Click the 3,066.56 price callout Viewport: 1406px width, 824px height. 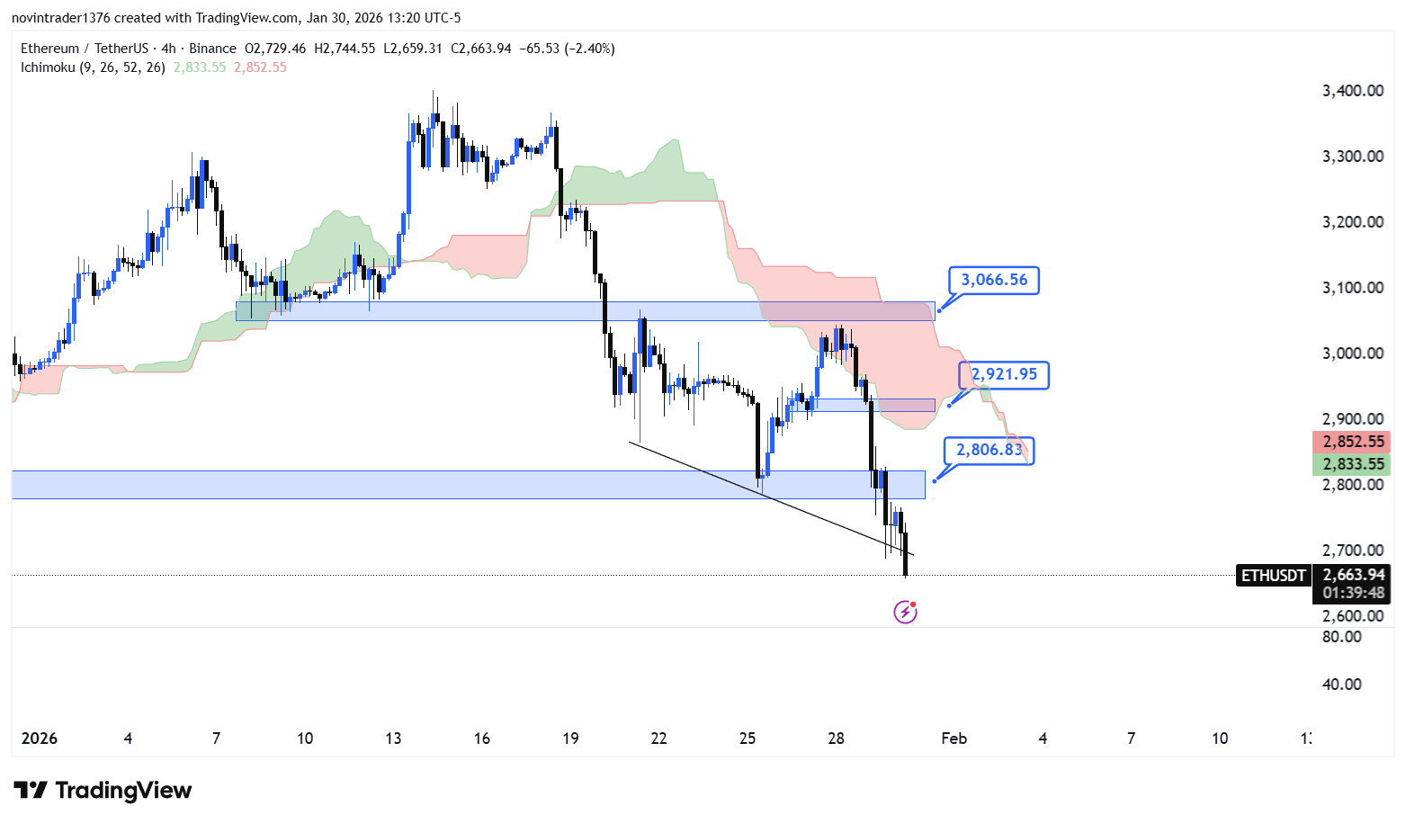[994, 281]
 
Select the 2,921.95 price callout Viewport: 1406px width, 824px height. [1004, 374]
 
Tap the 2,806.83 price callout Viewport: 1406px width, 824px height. [989, 450]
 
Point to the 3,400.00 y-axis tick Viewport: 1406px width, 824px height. [1352, 90]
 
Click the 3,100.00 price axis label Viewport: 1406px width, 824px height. [1352, 288]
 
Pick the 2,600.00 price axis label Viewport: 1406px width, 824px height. [1352, 616]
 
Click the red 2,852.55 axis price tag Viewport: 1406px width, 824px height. [1352, 442]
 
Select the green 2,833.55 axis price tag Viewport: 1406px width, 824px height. [1352, 464]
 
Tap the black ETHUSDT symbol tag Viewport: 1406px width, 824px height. [1273, 575]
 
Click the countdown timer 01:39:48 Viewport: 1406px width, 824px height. [1353, 593]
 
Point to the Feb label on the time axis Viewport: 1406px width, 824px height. [954, 739]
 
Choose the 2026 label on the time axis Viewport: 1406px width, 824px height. [39, 739]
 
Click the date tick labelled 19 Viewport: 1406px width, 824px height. [570, 739]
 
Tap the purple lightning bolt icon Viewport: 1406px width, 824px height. [905, 613]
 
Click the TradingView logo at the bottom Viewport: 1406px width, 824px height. [103, 791]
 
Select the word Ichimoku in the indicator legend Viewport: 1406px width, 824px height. [48, 67]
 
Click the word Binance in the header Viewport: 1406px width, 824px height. [213, 49]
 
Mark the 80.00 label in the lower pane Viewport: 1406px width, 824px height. [1341, 637]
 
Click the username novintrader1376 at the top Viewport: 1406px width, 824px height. [61, 18]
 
